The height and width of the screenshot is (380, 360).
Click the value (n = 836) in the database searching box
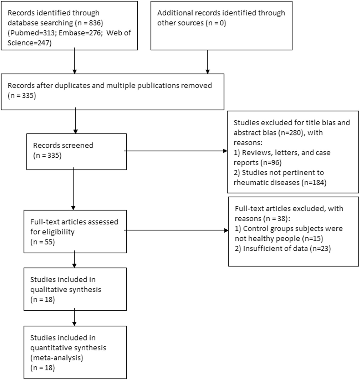click(x=89, y=23)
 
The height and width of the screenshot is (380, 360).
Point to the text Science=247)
click(x=29, y=43)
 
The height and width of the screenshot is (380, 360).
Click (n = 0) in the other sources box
click(x=216, y=23)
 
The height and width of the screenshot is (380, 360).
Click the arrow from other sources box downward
click(x=207, y=62)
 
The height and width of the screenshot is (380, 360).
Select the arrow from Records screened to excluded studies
click(x=176, y=151)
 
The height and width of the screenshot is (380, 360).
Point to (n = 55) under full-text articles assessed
click(x=43, y=242)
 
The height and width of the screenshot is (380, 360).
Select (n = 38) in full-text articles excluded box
click(x=275, y=219)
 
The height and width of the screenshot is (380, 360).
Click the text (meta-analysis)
click(x=57, y=358)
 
